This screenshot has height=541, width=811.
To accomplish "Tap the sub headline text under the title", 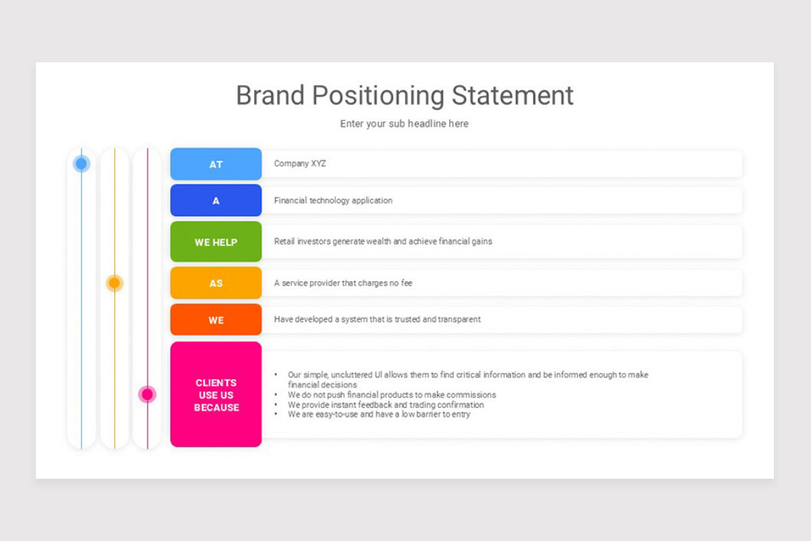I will (x=404, y=124).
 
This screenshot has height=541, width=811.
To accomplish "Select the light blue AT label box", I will (x=216, y=164).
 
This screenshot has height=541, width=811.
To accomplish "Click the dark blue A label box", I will (x=216, y=201).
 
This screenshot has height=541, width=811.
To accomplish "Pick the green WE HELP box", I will (x=216, y=241).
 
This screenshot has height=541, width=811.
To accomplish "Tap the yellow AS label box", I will (x=216, y=283).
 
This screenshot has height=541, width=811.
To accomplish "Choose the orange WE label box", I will (x=216, y=320).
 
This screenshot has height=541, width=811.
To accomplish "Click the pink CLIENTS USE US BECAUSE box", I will (x=216, y=395).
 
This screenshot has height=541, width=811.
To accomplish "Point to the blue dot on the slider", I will (x=81, y=164).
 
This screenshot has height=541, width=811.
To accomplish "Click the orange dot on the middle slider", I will (x=114, y=283).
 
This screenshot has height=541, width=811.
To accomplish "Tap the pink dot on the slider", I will (x=147, y=394).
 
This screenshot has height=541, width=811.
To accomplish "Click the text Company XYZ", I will (x=300, y=164).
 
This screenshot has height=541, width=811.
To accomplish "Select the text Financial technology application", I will (x=333, y=201).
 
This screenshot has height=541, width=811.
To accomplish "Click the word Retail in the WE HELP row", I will (x=285, y=241).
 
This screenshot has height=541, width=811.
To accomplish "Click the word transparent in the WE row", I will (x=460, y=319).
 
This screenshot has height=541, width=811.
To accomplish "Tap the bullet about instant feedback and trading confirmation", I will (x=386, y=405).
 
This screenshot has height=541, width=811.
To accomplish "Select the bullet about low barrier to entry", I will (x=379, y=415).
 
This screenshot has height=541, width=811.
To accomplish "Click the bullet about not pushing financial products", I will (x=391, y=395).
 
